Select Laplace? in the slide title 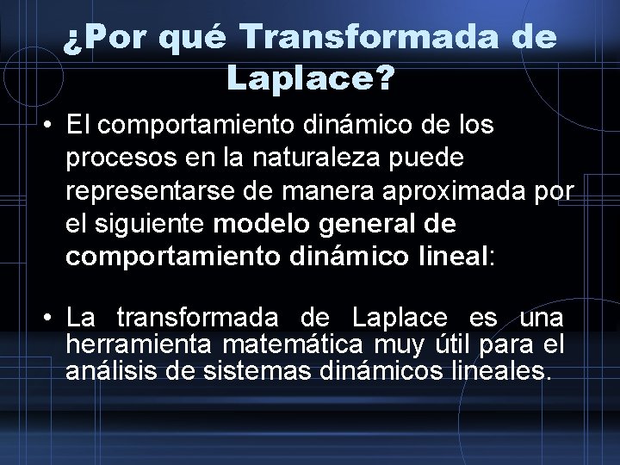(310, 80)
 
